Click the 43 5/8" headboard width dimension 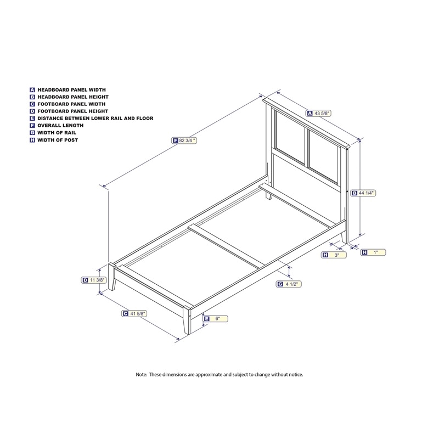tap(319, 114)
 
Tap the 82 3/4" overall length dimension tap(184, 140)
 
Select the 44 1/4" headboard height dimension tap(363, 193)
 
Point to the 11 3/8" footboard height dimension tap(94, 280)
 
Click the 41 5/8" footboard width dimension tap(134, 313)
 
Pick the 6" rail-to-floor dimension tap(215, 319)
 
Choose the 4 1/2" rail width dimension tap(289, 284)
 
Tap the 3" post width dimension tap(334, 255)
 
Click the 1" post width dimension tap(373, 252)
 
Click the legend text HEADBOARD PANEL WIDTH tap(72, 90)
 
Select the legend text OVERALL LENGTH tap(60, 126)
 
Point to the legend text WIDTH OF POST tap(58, 140)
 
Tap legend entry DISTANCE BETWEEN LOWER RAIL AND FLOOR tap(95, 119)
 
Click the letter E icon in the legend tap(32, 119)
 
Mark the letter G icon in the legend tap(32, 133)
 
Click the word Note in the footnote tap(141, 374)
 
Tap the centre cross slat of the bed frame tap(227, 246)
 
